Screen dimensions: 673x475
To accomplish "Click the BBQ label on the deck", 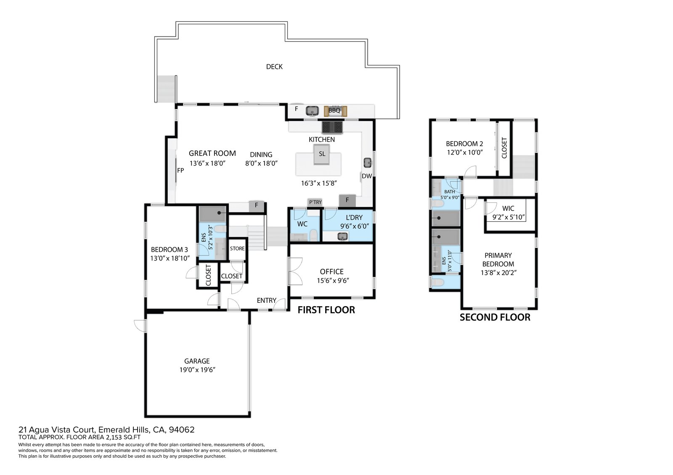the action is [334, 111].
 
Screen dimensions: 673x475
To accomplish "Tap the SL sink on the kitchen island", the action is [322, 154].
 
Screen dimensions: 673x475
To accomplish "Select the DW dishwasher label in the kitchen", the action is [367, 176].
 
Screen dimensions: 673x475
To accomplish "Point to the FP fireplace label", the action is [180, 171].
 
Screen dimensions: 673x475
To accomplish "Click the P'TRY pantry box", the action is [315, 202].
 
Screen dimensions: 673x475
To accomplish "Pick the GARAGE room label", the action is [197, 361].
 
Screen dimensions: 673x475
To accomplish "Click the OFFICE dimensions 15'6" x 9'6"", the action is [333, 281].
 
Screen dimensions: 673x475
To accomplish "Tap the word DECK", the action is [274, 67].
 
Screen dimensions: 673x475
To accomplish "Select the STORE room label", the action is [237, 249].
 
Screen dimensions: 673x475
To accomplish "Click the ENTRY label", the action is [267, 300].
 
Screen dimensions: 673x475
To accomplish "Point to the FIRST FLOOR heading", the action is [326, 310].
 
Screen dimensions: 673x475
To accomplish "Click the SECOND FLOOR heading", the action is [495, 318].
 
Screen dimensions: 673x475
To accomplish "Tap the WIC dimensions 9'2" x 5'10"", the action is [509, 217].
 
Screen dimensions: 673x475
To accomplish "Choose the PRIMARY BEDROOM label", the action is [498, 260].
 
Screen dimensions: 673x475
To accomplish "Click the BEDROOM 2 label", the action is [464, 144].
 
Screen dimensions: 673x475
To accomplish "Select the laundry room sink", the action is [342, 236].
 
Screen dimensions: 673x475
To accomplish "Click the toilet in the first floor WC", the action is [313, 235].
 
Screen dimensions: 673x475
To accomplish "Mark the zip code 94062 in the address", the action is [182, 430].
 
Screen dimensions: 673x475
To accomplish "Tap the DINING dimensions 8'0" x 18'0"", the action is [261, 163].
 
